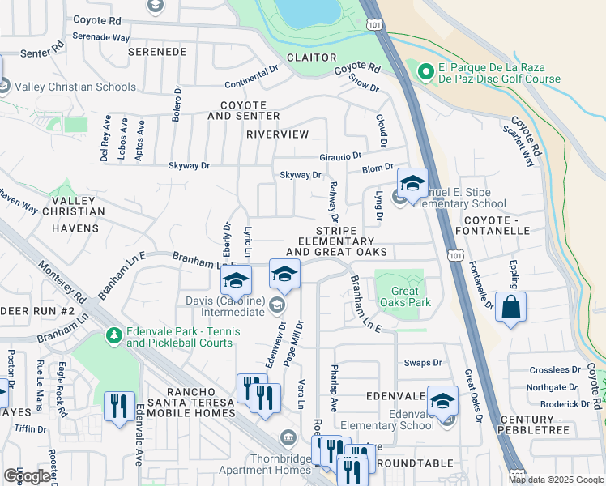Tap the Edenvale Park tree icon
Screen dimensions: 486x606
coord(114,335)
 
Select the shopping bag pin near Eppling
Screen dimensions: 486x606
coord(510,308)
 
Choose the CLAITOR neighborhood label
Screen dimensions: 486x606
coord(312,58)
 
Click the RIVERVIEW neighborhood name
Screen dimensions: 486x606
coord(278,134)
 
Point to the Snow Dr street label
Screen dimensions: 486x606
coord(364,83)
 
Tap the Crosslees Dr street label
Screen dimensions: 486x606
coord(554,369)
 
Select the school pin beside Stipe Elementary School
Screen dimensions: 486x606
coord(412,183)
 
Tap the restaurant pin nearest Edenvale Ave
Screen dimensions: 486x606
coord(120,407)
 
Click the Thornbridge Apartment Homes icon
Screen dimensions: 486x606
coord(287,439)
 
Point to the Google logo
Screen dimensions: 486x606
coord(27,476)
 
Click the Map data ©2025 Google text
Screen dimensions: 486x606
coord(555,480)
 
